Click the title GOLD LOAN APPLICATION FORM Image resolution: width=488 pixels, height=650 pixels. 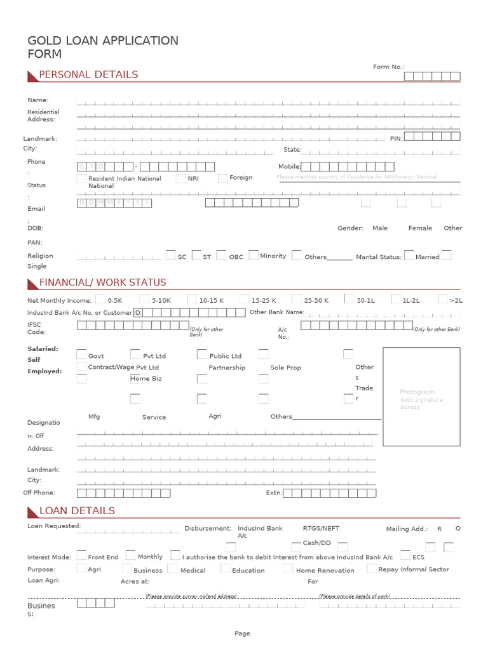coord(103,48)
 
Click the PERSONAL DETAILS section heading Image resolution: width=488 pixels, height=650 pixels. coord(88,75)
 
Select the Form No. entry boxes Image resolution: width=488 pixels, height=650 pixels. coord(432,77)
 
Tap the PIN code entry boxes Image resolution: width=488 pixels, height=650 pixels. coord(432,136)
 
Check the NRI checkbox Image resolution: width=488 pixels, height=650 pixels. coord(181,179)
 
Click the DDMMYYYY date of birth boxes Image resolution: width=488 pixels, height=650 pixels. coord(114,202)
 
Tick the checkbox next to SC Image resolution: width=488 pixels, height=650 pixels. coord(170,255)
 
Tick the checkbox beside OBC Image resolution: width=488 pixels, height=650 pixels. coord(221,255)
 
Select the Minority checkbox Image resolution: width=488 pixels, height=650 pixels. coord(254,255)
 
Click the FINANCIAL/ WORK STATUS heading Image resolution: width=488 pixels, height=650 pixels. coord(102,282)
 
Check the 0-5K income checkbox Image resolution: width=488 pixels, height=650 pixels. coord(100,299)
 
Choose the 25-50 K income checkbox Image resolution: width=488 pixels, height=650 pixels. coord(297,299)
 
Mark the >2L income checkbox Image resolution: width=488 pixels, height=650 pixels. coord(443,299)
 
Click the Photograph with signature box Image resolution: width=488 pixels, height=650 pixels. coord(421,397)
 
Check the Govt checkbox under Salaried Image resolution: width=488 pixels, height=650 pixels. coord(81,354)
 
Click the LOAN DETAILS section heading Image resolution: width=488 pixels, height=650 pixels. coord(77,511)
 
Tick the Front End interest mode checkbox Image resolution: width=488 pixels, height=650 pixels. coord(81,555)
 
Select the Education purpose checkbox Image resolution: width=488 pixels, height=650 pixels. coord(226,569)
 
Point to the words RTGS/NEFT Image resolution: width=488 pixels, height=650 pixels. coord(321,528)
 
